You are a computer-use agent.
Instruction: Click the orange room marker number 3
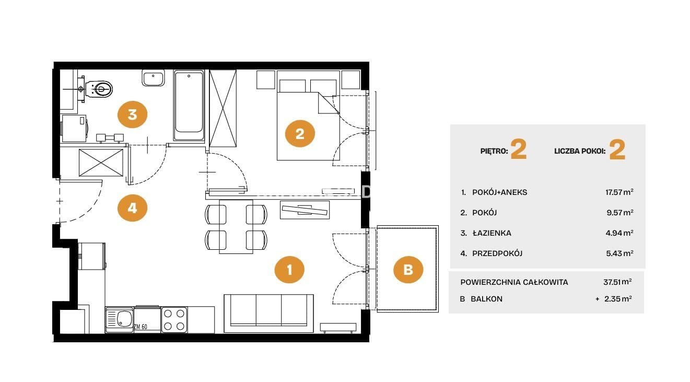133,114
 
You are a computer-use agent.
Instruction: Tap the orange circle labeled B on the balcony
408,270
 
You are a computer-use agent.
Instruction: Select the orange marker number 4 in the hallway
133,209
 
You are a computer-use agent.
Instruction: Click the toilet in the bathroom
99,89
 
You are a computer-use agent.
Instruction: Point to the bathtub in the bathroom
189,106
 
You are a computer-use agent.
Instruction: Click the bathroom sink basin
153,78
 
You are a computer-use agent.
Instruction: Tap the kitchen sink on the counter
120,319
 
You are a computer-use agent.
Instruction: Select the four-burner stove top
174,319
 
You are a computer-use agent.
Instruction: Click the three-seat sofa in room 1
268,314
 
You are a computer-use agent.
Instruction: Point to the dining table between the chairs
236,226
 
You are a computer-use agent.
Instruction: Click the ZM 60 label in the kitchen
141,327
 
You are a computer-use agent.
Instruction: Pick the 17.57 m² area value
619,192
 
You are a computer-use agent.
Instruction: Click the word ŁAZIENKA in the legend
492,233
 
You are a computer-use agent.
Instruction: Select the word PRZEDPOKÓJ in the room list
497,253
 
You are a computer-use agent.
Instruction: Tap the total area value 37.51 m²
617,282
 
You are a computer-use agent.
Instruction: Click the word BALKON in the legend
486,299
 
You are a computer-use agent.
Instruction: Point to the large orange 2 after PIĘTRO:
519,149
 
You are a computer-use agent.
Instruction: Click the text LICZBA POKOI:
580,151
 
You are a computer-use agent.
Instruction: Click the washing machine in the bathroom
74,129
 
